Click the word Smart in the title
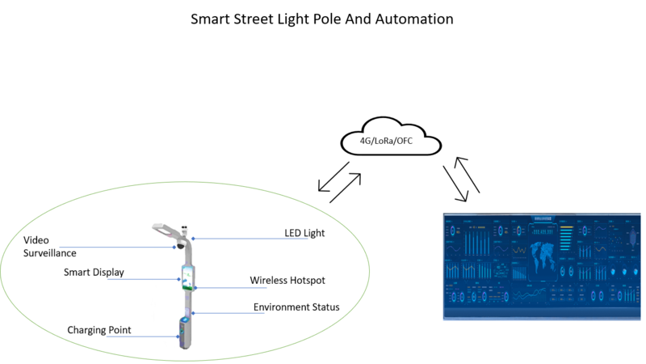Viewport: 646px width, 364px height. [x=211, y=19]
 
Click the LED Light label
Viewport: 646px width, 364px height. [x=304, y=233]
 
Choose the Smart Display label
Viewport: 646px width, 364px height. [x=94, y=273]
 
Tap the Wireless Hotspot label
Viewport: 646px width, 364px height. [x=287, y=281]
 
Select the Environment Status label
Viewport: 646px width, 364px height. [x=296, y=307]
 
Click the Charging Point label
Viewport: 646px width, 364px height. [x=99, y=330]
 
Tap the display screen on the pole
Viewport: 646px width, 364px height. [x=187, y=276]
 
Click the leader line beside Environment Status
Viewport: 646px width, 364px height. [x=222, y=313]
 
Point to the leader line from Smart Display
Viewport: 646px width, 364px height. [x=150, y=280]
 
